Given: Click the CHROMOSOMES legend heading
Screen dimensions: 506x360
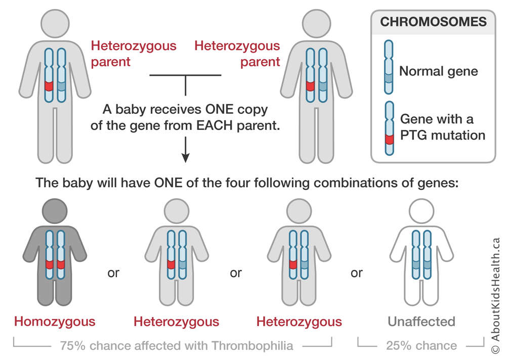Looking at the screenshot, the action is point(433,22).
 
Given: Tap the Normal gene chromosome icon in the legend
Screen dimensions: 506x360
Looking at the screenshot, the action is point(389,67).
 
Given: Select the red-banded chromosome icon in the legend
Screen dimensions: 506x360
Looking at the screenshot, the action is point(389,128).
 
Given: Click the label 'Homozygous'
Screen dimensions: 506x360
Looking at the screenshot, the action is point(55,322).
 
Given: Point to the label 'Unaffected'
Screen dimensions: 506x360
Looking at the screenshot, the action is point(421,322).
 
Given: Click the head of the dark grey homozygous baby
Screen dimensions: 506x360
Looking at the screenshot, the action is point(55,211).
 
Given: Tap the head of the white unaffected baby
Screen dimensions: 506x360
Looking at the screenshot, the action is point(421,211).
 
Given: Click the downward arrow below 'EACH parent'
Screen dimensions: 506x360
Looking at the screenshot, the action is point(186,150).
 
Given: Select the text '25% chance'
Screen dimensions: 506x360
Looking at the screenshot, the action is point(421,345).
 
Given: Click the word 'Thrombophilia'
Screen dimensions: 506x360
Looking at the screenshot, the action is point(252,346).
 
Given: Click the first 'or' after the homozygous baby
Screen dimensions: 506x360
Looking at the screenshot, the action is point(113,273).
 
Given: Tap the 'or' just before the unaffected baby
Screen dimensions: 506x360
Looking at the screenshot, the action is point(357,273).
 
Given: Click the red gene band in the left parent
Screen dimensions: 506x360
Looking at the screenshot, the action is point(49,86).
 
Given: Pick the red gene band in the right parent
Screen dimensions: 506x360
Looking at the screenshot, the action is point(310,86).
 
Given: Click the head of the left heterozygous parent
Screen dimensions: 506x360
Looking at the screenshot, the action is point(55,24).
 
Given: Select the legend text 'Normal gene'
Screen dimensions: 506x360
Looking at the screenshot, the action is point(439,71).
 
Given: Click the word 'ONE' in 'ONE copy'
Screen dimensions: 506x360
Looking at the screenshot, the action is point(220,109).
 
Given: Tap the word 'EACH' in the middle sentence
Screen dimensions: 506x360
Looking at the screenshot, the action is point(214,125).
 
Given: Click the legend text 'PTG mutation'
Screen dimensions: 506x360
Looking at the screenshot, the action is point(443,135).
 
